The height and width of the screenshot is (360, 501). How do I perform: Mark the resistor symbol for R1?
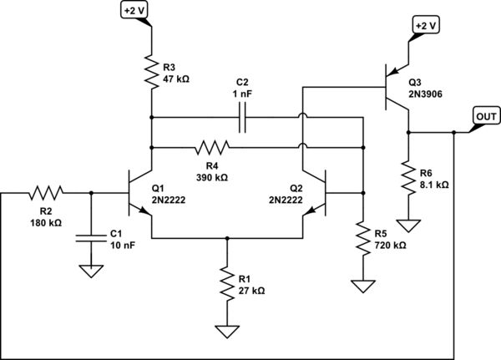(x=226, y=284)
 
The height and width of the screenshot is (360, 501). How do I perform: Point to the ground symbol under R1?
(x=226, y=331)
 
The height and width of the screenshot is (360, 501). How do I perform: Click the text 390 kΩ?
(x=211, y=177)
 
